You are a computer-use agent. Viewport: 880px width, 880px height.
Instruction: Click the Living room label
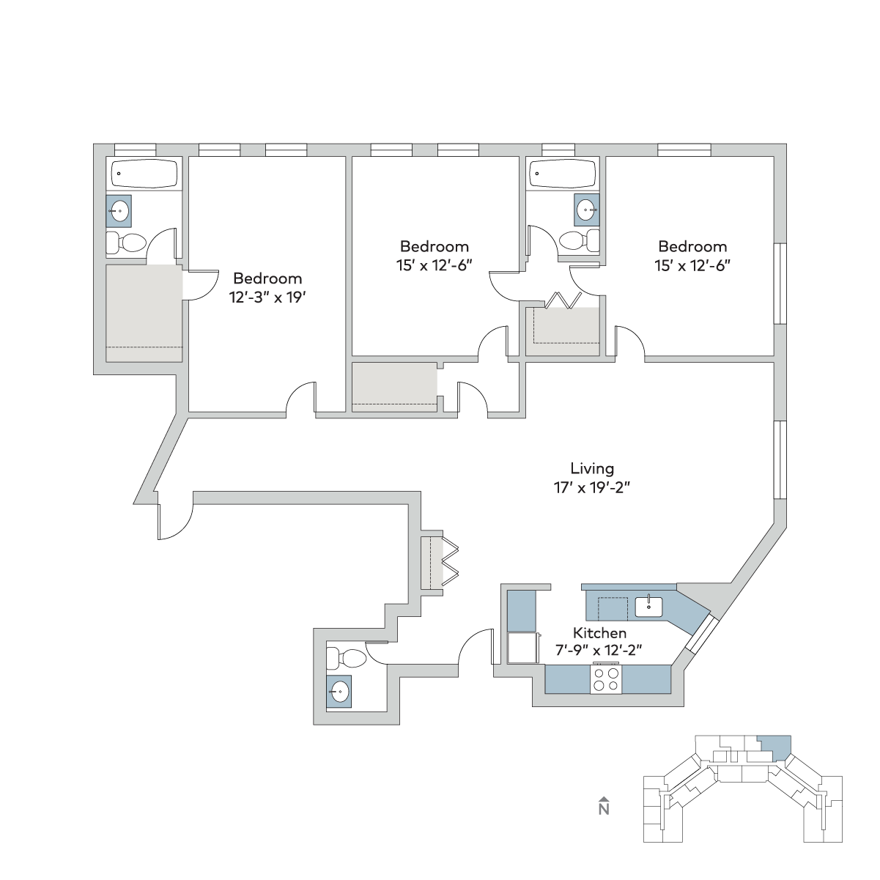coord(592,469)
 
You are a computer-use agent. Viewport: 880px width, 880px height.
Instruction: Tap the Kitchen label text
coord(599,633)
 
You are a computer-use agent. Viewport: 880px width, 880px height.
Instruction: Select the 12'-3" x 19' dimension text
coord(267,297)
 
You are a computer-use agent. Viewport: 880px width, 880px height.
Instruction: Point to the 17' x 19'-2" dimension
coord(592,488)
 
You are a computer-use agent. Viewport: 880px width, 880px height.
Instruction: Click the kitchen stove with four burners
coord(606,679)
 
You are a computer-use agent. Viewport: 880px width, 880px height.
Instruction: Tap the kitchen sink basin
coord(648,607)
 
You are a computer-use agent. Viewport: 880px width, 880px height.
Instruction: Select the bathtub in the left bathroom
coord(144,174)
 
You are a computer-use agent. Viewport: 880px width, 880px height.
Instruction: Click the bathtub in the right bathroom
coord(563,174)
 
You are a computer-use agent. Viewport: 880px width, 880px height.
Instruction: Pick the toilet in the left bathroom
coord(126,243)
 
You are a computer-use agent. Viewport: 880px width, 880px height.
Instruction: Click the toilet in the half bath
coord(346,658)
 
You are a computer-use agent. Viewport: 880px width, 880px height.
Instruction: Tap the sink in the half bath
coord(339,692)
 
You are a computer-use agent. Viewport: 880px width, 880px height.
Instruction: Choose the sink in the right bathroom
coord(587,210)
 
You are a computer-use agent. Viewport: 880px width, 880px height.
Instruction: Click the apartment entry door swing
coord(176,522)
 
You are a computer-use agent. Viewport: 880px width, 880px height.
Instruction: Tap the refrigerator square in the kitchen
coord(522,648)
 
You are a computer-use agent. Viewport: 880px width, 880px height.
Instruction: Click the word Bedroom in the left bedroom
coord(267,278)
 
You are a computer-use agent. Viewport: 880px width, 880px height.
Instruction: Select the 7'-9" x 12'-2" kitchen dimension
coord(599,650)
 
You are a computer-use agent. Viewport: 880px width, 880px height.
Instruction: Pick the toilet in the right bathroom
coord(580,240)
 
